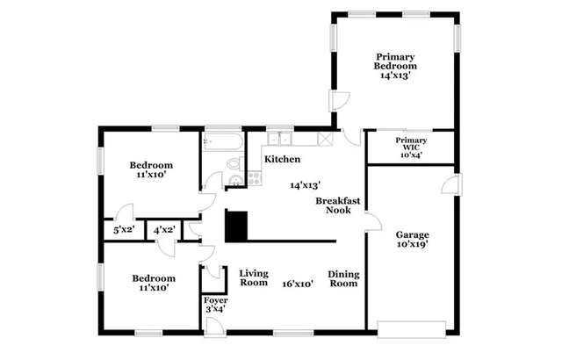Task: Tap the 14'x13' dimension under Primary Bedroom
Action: [395, 76]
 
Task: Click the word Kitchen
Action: [282, 160]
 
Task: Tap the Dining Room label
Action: [343, 278]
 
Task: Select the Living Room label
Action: [254, 277]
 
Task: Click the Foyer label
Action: [216, 304]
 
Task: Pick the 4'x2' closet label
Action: [163, 230]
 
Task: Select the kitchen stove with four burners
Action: [255, 177]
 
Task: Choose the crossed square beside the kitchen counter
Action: [325, 139]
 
